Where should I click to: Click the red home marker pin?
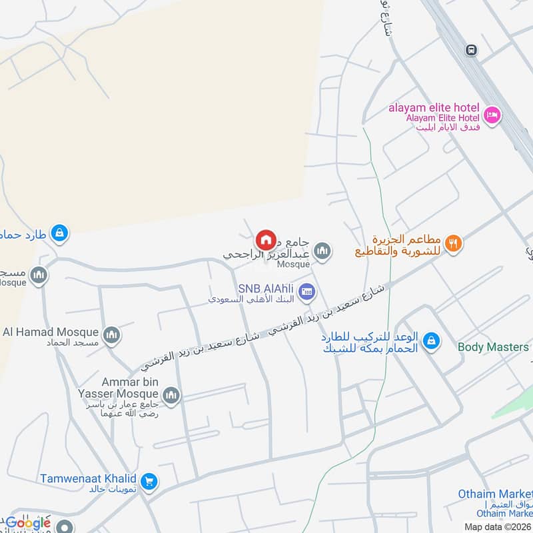point(265,239)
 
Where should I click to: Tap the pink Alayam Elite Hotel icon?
point(492,115)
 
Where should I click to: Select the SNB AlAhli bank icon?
point(306,290)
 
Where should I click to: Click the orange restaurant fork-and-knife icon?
point(453,243)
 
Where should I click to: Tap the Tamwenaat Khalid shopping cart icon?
point(149,480)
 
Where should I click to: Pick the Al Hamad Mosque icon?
point(111,334)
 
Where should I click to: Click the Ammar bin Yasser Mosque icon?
point(171,396)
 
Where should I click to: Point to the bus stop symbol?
point(472,50)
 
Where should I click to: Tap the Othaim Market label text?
point(495,494)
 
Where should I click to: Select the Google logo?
point(28,523)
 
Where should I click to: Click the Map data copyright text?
point(498,527)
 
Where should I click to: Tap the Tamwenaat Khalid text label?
point(88,478)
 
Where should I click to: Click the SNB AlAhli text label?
point(266,289)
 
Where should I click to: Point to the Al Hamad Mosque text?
point(51,331)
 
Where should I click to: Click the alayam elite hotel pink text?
point(435,108)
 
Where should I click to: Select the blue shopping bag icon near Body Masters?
point(431,340)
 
